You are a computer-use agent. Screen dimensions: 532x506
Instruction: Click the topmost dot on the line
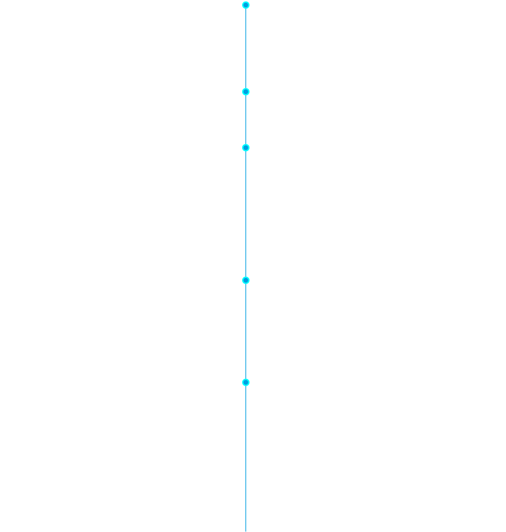point(246,5)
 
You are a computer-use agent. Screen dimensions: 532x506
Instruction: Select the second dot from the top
point(246,92)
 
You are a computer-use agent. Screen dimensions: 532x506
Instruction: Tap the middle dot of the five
point(246,148)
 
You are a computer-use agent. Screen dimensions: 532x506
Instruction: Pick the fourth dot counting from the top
point(246,280)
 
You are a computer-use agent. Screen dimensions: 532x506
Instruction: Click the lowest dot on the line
point(246,382)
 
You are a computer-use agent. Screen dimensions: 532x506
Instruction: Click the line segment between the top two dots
point(246,48)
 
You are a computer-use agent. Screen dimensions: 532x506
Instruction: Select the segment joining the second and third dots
point(246,120)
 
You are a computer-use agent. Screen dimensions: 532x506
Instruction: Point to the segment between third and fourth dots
point(246,214)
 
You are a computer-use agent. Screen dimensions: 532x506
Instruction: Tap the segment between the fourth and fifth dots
point(246,331)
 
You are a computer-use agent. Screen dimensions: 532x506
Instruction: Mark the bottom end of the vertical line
point(246,530)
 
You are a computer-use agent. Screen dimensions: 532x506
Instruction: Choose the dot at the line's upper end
point(246,5)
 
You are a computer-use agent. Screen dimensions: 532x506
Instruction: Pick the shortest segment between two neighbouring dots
point(246,120)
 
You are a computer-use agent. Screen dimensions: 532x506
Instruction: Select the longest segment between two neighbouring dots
point(246,214)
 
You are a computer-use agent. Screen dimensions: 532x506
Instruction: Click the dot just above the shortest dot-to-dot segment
point(246,92)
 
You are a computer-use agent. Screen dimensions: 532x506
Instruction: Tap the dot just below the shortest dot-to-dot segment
point(246,148)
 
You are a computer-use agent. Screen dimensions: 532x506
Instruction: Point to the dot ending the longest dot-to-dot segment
point(246,280)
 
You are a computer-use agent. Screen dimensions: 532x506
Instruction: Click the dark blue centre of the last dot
point(246,382)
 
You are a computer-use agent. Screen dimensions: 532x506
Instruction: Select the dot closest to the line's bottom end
point(246,382)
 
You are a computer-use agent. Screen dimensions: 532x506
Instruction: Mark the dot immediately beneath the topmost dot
point(246,92)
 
